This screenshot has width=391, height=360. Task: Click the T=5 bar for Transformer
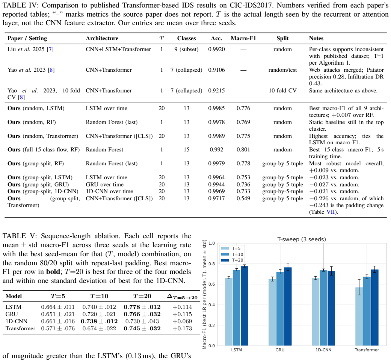[359, 316]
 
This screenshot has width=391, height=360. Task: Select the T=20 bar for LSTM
[245, 306]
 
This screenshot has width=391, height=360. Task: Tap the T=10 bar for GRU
[280, 309]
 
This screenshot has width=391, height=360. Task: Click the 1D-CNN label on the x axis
[323, 350]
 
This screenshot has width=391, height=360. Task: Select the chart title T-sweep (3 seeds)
[302, 239]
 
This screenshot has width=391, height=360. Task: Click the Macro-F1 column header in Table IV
[243, 38]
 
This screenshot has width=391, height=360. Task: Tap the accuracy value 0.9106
[216, 70]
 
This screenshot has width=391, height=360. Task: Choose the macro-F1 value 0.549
[243, 198]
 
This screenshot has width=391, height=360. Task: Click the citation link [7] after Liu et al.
[50, 49]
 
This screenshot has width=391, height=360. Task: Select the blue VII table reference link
[331, 212]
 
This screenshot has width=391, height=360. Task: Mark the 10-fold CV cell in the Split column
[282, 91]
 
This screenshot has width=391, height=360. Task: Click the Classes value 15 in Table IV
[187, 150]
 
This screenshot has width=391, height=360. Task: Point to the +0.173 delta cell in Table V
[182, 328]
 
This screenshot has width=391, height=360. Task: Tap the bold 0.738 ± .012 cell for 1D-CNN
[99, 321]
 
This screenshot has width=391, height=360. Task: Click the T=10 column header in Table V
[99, 296]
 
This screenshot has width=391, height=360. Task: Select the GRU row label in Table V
[12, 314]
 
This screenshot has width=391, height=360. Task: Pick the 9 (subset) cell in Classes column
[187, 49]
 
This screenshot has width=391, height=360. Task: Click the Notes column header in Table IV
[316, 38]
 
